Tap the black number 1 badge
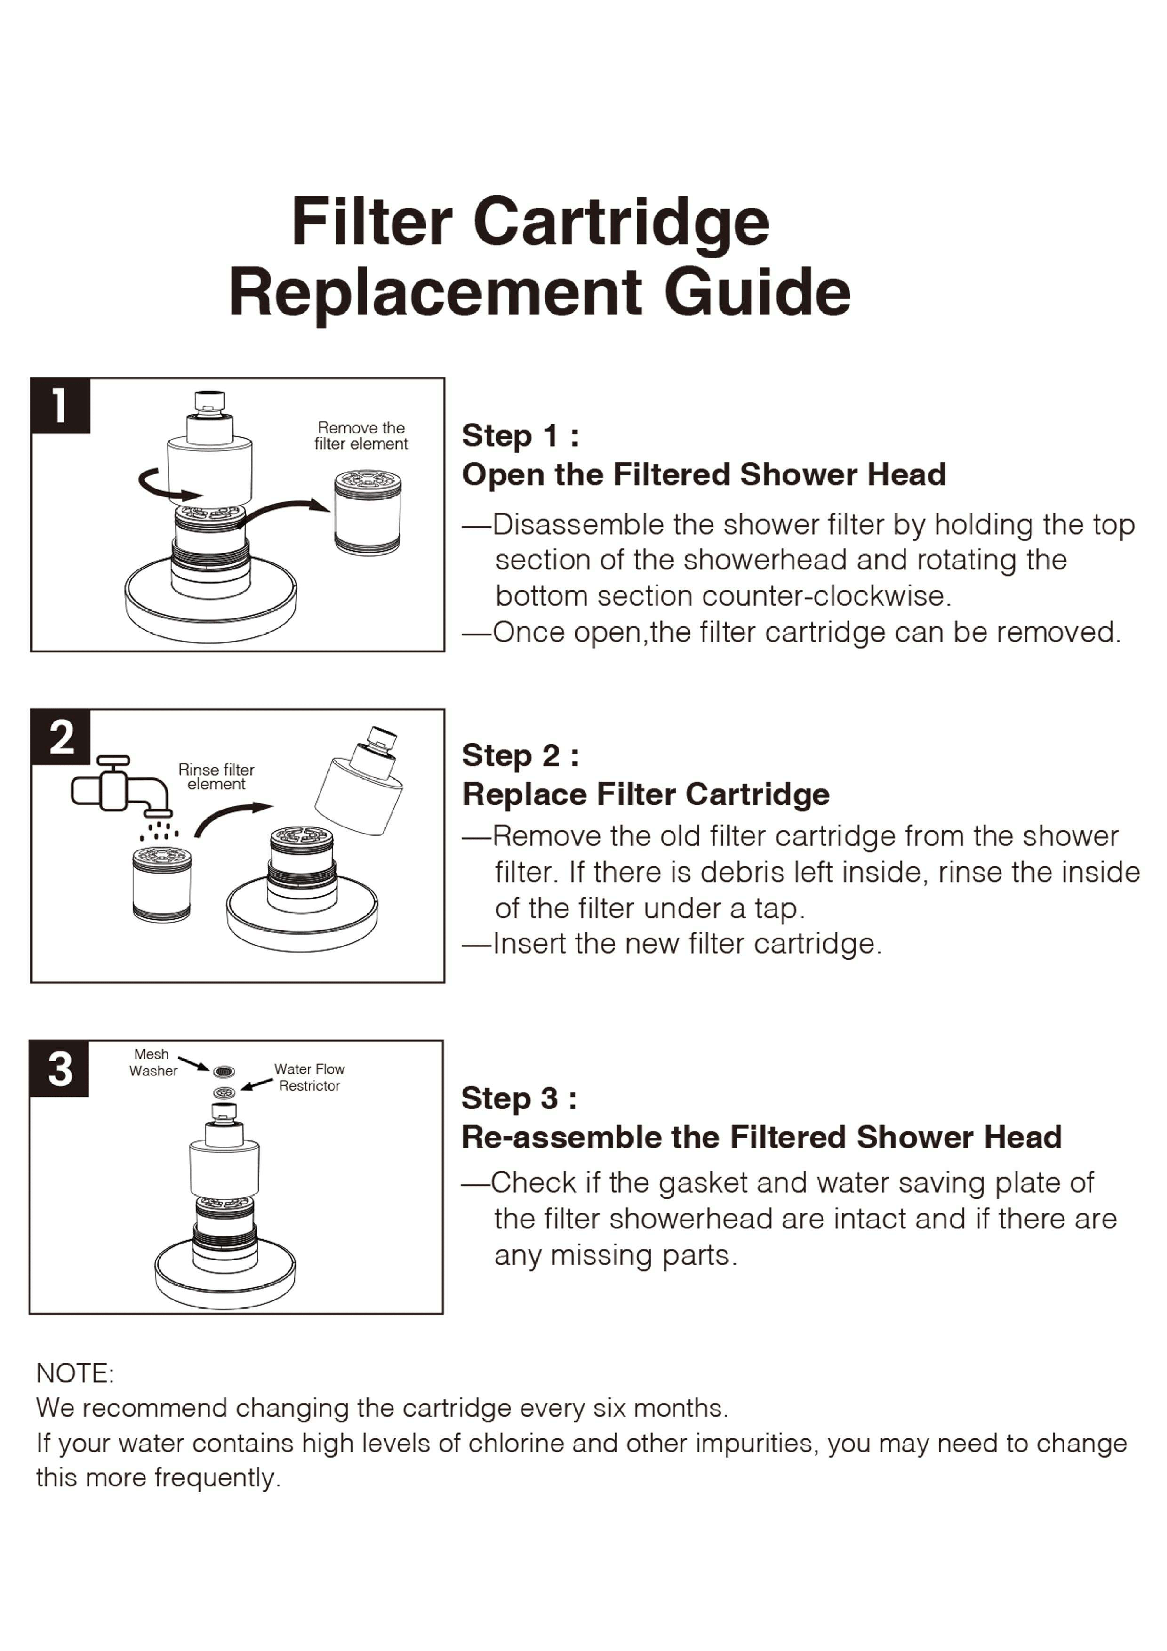[x=60, y=405]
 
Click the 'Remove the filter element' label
[x=361, y=436]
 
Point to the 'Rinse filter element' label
[x=216, y=777]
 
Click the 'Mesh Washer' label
[x=152, y=1062]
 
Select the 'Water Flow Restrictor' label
[x=309, y=1077]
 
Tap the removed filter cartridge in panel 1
[x=367, y=512]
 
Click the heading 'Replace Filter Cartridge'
[x=646, y=795]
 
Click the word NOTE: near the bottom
[x=75, y=1373]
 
